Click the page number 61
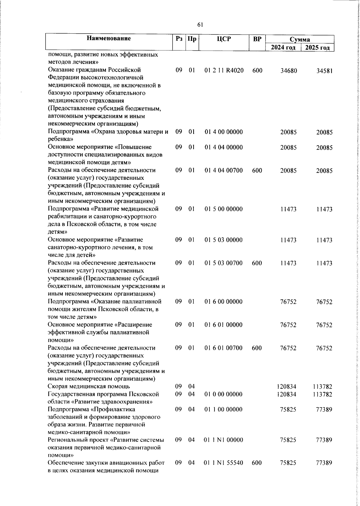coord(201,25)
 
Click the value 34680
coord(289,71)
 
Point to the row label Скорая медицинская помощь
coord(89,387)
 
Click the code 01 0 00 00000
coord(223,394)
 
